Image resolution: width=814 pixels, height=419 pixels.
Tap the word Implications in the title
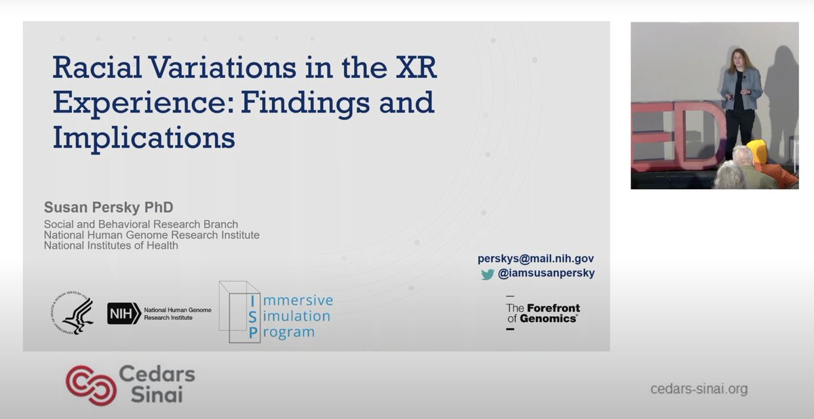(144, 138)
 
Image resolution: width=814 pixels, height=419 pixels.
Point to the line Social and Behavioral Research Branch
(141, 224)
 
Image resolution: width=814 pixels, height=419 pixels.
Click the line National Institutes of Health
(111, 245)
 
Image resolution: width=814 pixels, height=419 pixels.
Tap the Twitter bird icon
(488, 275)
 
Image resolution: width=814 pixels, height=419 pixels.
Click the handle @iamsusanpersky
(547, 274)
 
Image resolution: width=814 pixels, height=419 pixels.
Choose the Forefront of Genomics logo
(543, 313)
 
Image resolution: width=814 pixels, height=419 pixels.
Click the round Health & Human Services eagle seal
(72, 313)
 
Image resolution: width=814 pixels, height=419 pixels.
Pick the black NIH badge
(123, 313)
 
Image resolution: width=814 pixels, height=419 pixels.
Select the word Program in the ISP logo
(290, 332)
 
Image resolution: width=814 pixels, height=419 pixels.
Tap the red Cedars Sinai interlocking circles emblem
(90, 384)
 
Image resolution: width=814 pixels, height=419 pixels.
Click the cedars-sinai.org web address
(699, 389)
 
